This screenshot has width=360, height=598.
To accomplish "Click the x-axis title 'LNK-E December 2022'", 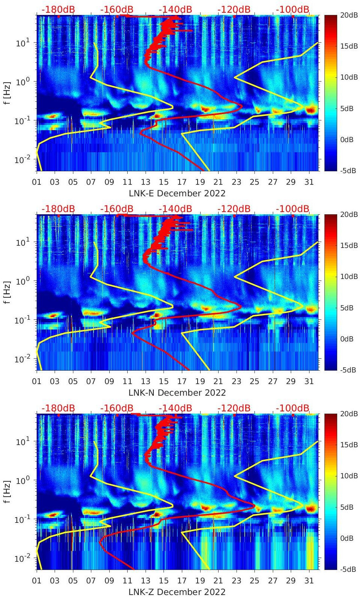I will click(x=177, y=193).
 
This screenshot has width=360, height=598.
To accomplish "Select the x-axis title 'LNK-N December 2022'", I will click(x=177, y=393).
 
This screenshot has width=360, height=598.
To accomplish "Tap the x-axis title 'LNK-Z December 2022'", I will click(x=177, y=592).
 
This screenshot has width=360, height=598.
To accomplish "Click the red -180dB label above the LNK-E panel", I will click(x=58, y=9).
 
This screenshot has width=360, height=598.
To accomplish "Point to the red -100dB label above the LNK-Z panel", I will click(x=293, y=408).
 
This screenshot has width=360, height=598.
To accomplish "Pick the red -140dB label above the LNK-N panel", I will click(x=175, y=209).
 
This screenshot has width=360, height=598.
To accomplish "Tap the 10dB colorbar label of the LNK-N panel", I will click(x=350, y=277).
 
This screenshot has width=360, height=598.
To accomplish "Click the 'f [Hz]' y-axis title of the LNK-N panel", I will click(x=6, y=292).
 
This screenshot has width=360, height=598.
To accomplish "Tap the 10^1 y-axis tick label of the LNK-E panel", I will click(x=21, y=43).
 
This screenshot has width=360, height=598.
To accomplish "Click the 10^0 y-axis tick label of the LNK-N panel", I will click(x=21, y=281).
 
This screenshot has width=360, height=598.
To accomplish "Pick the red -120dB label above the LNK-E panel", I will click(x=234, y=9).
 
